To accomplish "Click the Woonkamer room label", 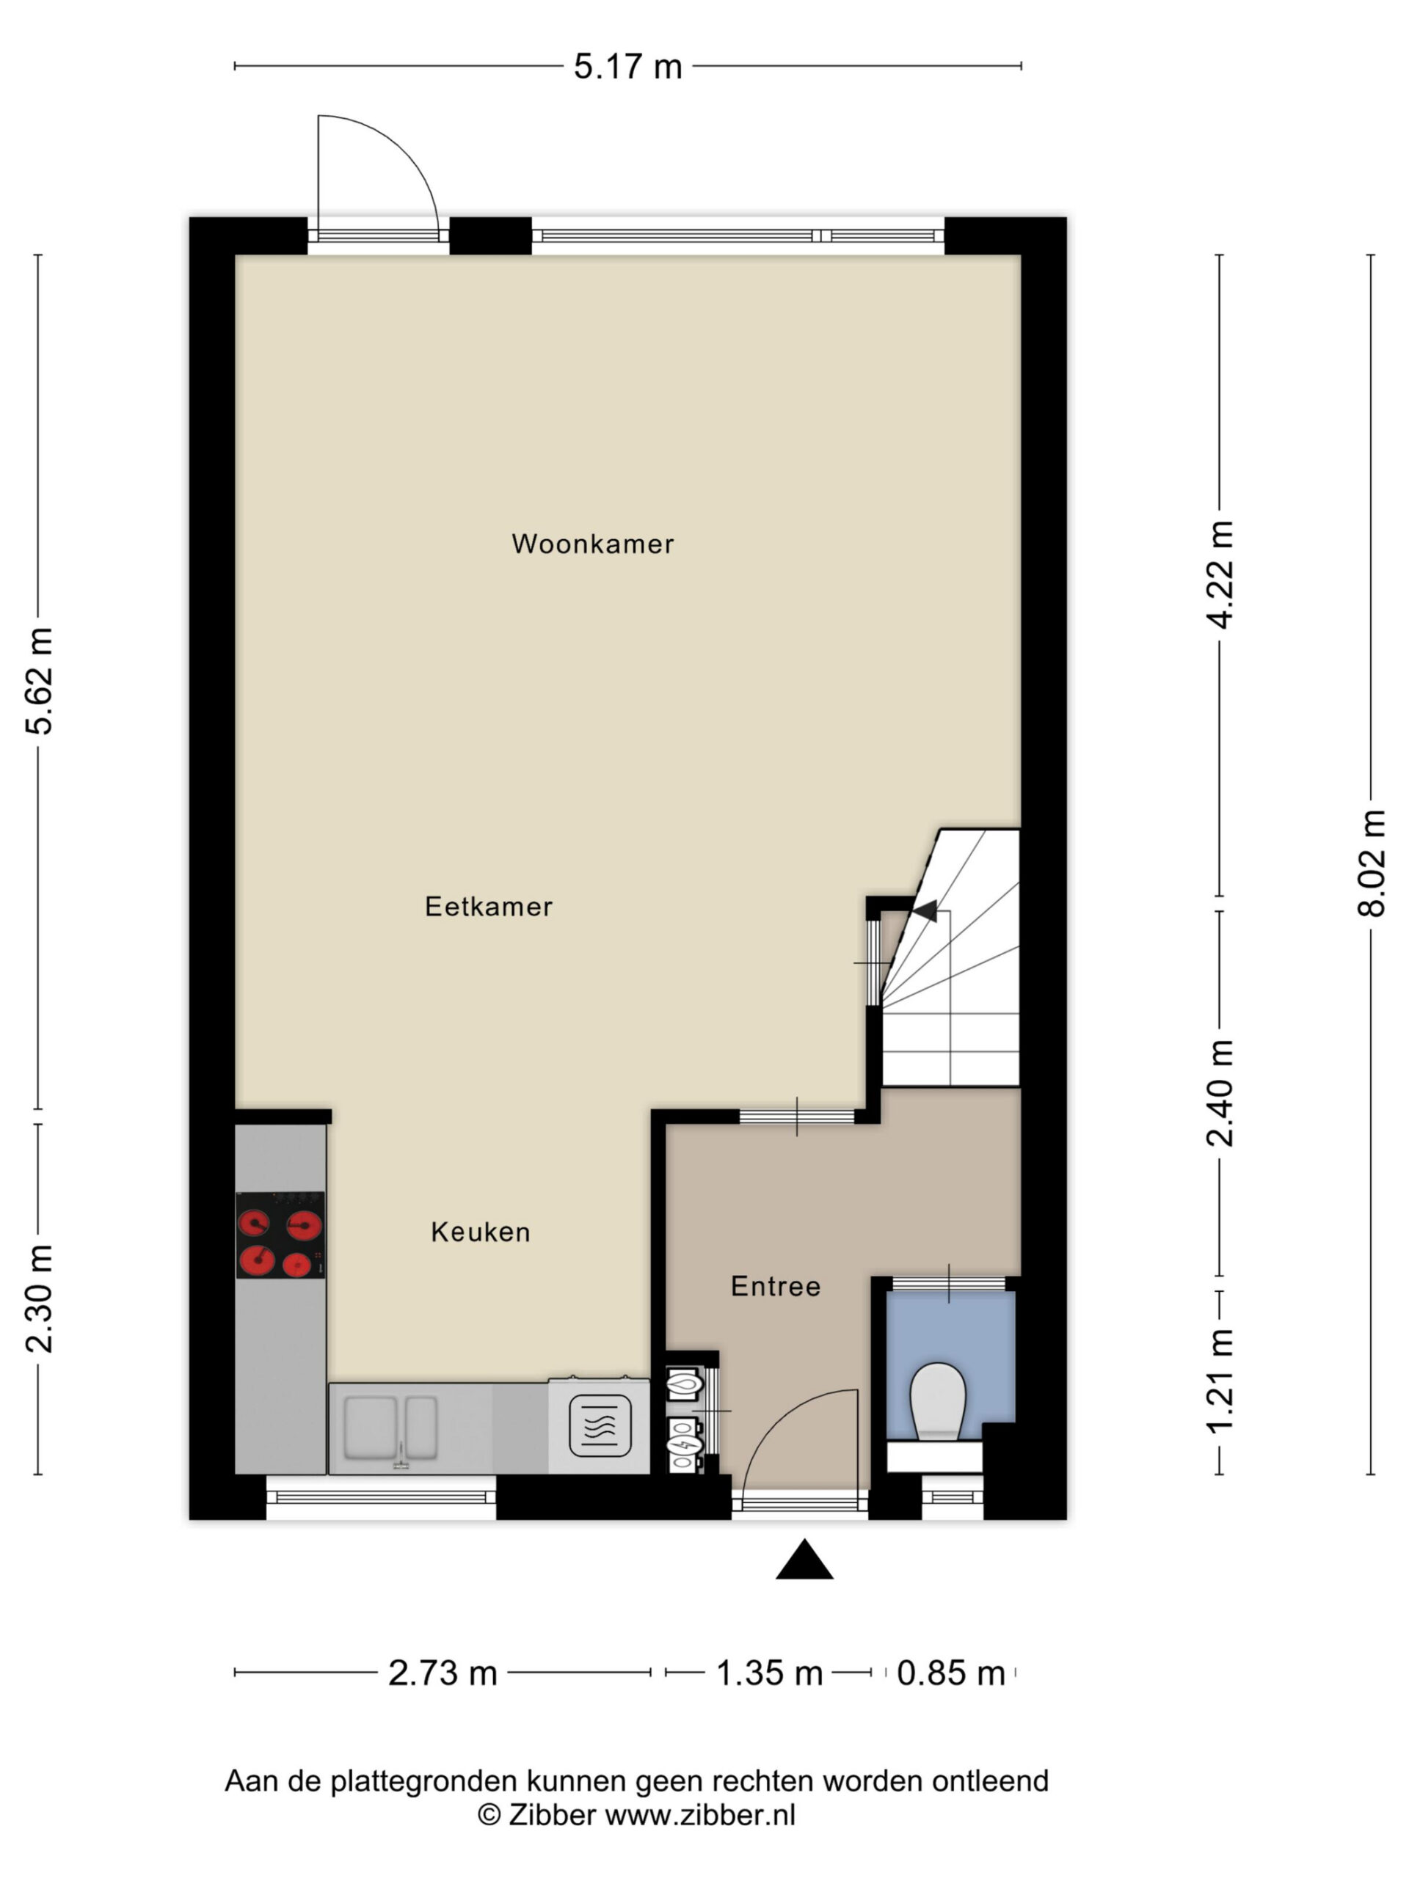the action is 592,544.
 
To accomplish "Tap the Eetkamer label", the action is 488,906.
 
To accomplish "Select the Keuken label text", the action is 480,1232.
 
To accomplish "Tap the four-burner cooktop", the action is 280,1235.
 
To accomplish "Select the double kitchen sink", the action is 390,1427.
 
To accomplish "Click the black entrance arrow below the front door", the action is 804,1559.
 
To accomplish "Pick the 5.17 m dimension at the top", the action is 627,66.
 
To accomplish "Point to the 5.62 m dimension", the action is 39,681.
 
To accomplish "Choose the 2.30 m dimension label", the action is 39,1298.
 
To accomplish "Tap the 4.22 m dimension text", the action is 1220,575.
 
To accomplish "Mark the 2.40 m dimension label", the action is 1220,1092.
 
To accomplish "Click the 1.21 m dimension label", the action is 1220,1380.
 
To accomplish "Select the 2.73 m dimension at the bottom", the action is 443,1673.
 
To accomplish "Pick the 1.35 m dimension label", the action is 770,1673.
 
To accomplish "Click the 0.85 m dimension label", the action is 951,1673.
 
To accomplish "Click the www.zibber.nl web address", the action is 700,1815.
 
